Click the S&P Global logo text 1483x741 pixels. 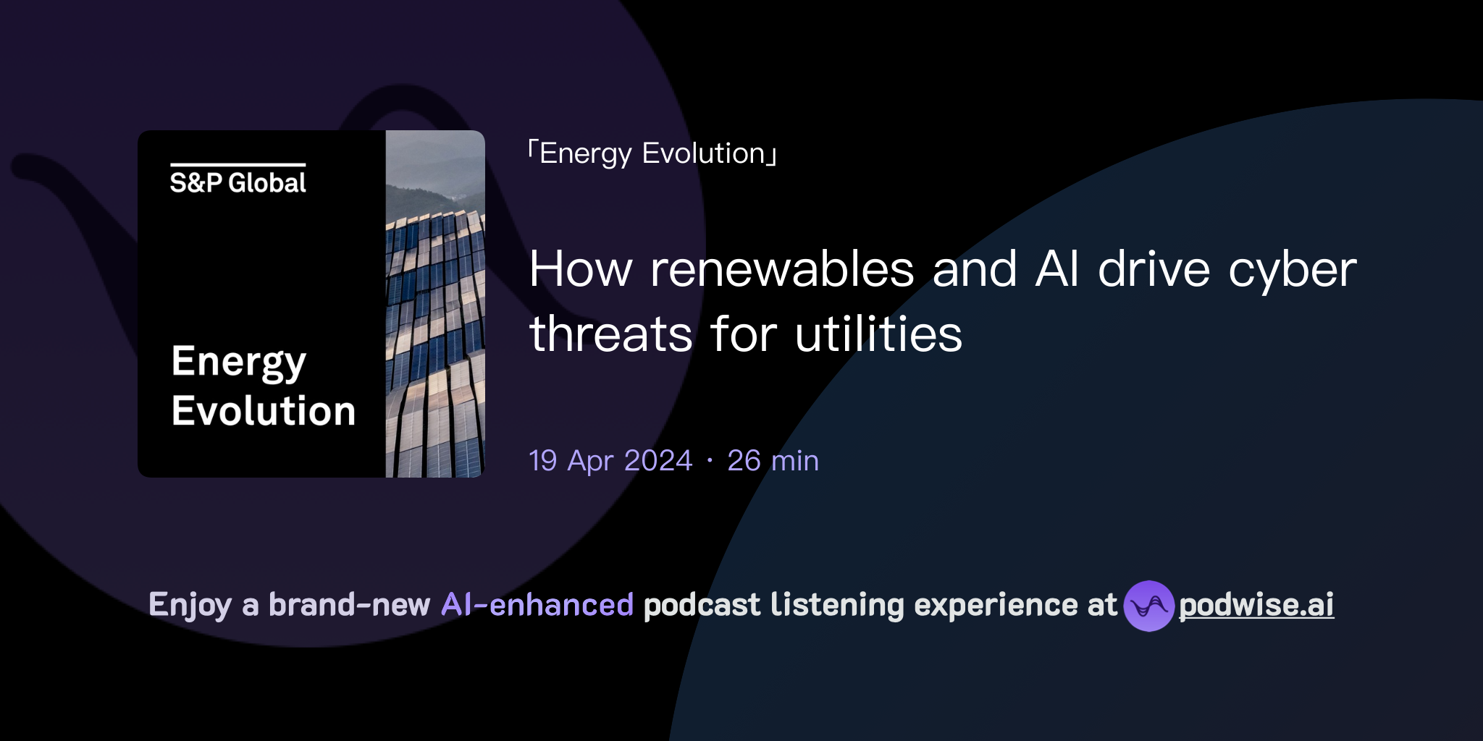tap(238, 182)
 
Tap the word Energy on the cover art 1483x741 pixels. tap(239, 362)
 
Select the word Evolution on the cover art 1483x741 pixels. tap(264, 411)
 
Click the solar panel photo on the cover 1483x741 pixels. tap(435, 304)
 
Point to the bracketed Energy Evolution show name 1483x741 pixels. tap(652, 153)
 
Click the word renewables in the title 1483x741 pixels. tap(782, 270)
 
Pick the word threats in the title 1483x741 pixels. tap(611, 334)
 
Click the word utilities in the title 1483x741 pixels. tap(878, 334)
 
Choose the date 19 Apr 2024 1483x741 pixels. tap(610, 461)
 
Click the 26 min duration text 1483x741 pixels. tap(773, 461)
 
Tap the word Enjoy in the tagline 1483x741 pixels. tap(190, 605)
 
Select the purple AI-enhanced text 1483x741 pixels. tap(537, 605)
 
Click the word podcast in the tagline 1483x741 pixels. tap(702, 605)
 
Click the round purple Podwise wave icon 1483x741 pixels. tap(1148, 606)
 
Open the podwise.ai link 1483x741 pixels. tap(1256, 605)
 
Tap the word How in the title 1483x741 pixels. tap(581, 270)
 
